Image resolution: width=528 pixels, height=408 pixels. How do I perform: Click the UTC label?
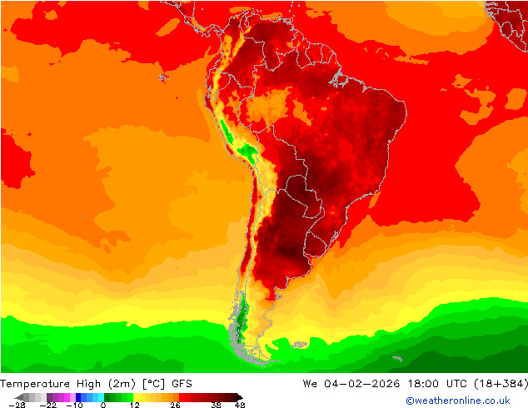pos(457,384)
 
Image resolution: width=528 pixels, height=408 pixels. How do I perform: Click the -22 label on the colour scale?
pos(51,405)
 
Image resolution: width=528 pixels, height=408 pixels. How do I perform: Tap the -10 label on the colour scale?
pos(73,405)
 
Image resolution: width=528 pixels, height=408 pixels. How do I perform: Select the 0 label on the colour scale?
pos(103,405)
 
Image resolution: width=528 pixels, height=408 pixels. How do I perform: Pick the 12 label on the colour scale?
pos(134,405)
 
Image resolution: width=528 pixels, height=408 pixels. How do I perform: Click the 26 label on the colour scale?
pos(175,405)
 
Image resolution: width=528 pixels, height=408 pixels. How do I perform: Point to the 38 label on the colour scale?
pos(216,405)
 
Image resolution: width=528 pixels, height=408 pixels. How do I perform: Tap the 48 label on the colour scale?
pos(240,405)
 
